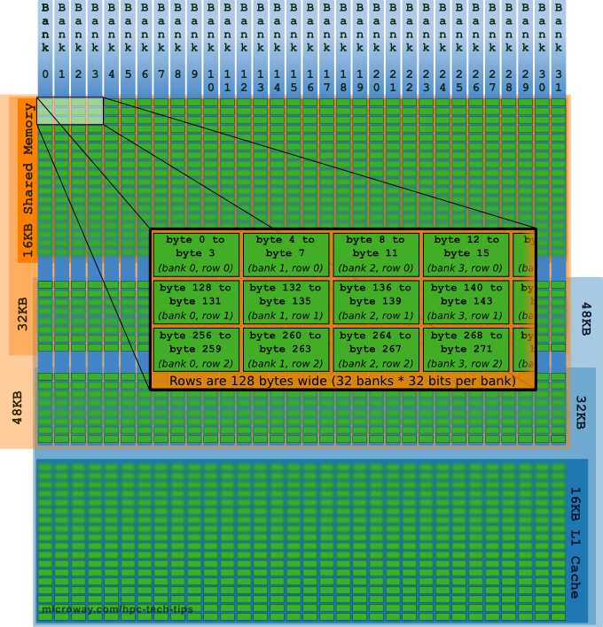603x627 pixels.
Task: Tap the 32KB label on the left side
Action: (x=22, y=313)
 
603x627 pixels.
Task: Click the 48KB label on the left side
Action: (x=17, y=408)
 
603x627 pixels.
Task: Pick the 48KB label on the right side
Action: (x=586, y=318)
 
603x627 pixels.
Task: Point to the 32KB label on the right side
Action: (x=581, y=412)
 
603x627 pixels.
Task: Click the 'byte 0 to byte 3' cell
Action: (x=196, y=253)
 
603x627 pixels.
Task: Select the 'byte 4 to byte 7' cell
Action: (x=286, y=253)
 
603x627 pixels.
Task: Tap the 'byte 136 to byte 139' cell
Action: (x=376, y=301)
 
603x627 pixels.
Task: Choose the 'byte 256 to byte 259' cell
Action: (x=196, y=349)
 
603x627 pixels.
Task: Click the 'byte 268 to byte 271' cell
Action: (x=466, y=349)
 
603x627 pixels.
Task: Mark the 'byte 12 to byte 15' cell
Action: (x=466, y=253)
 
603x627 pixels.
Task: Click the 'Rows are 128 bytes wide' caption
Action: (x=342, y=380)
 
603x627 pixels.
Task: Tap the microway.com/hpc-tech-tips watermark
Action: (x=116, y=610)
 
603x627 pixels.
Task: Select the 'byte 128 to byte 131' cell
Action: (x=196, y=301)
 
